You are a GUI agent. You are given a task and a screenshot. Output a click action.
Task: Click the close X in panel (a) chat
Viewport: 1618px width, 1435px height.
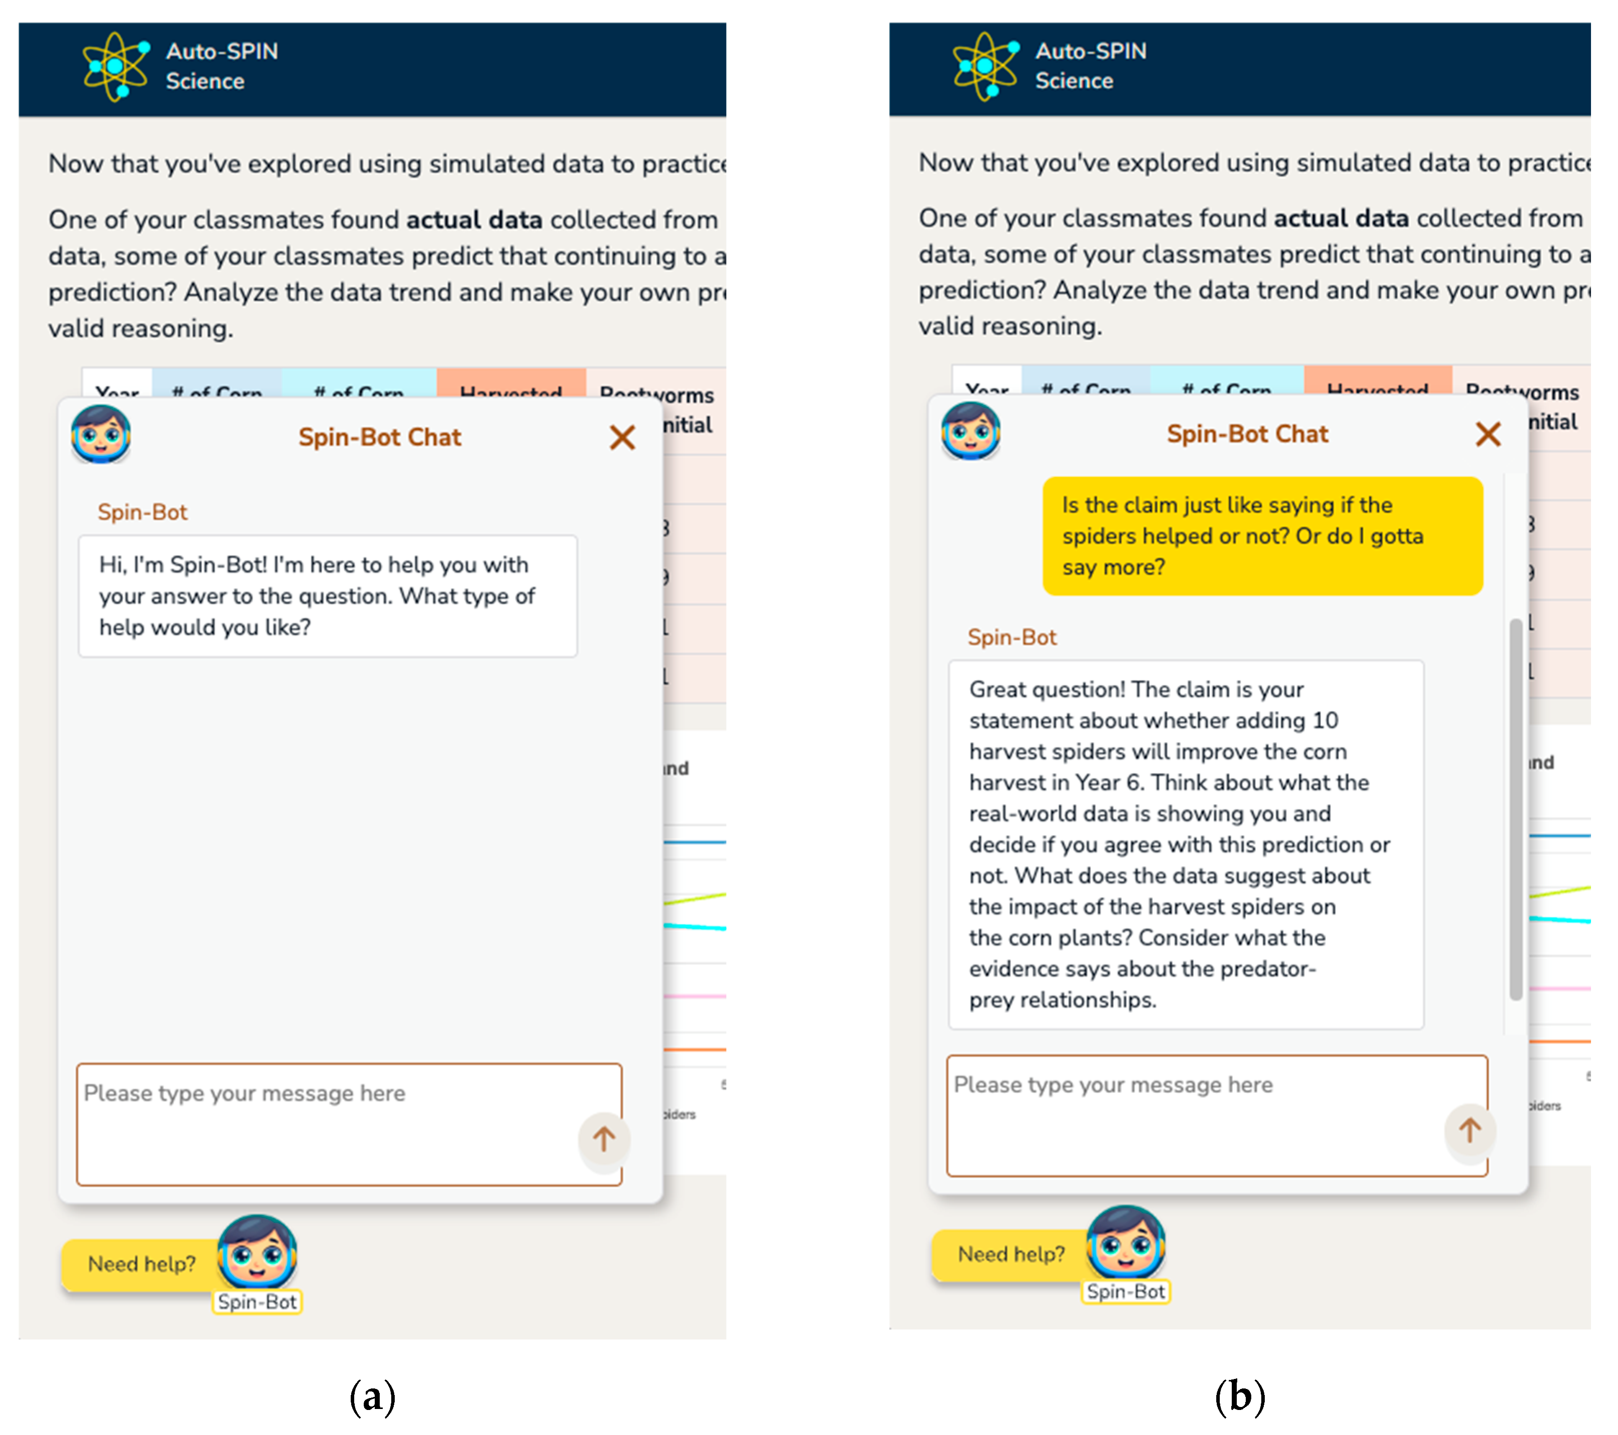click(x=622, y=437)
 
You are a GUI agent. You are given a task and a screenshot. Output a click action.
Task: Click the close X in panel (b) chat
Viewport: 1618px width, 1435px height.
click(x=1488, y=434)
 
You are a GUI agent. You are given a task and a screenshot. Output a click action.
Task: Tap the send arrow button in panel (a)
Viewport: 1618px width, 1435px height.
click(x=604, y=1139)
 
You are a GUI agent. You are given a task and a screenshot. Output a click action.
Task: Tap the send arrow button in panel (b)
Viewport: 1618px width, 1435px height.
click(x=1470, y=1130)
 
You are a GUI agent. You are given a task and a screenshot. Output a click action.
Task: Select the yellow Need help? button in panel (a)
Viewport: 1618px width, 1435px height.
click(x=141, y=1264)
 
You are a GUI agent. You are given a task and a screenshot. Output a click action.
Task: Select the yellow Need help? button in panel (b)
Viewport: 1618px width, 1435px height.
click(x=1010, y=1254)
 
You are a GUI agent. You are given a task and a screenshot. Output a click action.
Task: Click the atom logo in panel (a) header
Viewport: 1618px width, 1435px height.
click(x=116, y=67)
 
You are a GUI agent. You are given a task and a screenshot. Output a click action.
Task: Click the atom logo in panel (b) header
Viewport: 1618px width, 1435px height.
click(x=985, y=67)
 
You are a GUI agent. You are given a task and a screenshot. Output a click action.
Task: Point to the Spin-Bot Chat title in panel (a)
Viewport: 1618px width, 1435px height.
click(x=379, y=437)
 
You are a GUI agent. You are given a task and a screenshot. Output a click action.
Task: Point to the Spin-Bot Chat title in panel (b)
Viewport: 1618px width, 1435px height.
click(x=1248, y=434)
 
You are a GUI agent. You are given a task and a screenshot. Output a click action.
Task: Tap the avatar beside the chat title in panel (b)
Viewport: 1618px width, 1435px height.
click(x=971, y=431)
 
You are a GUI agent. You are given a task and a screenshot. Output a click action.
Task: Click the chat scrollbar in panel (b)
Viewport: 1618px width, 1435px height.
click(x=1515, y=808)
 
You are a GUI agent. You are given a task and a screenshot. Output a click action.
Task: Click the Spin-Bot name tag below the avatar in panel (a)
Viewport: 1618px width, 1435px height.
click(x=257, y=1302)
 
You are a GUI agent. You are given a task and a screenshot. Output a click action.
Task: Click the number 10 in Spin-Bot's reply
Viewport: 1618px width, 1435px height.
click(x=1325, y=721)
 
